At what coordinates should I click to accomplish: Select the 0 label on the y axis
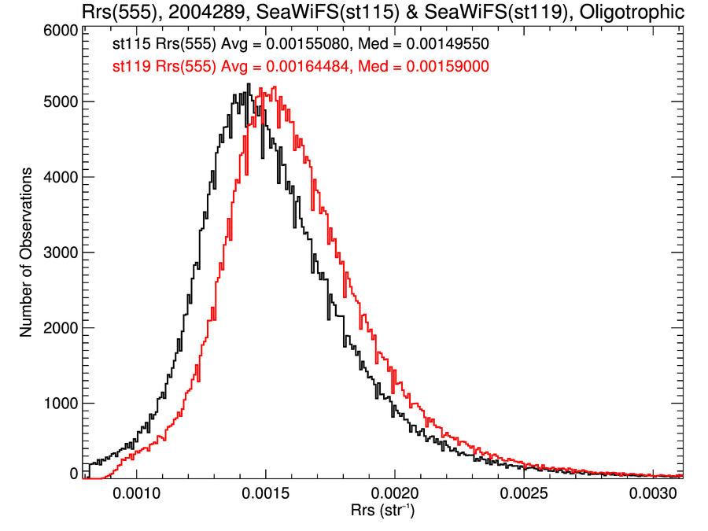tap(72, 474)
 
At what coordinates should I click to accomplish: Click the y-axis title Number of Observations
tap(26, 253)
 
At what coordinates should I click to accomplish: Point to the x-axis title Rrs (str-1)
tap(383, 511)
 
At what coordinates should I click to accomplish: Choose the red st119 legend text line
tap(298, 68)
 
